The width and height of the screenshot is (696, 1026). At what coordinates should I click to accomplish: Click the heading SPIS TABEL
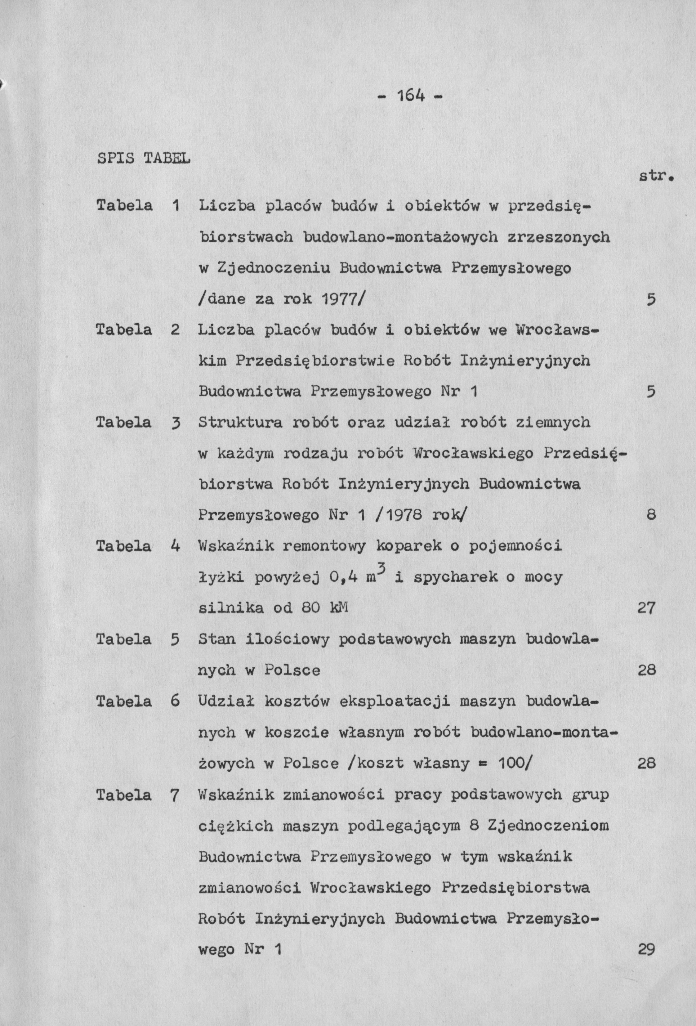coord(143,158)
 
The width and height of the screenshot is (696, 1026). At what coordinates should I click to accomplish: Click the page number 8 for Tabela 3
coord(651,515)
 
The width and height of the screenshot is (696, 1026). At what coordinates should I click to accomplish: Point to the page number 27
coord(647,608)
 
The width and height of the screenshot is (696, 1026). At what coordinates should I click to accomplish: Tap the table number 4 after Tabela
coord(175,546)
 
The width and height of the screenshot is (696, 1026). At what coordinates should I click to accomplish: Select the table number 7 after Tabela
coord(175,795)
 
